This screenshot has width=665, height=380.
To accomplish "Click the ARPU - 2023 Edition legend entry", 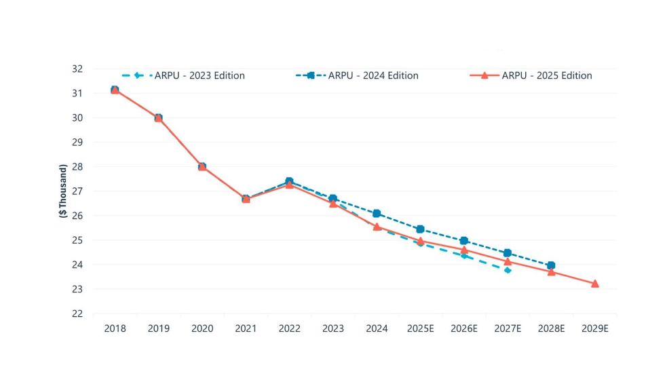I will pyautogui.click(x=183, y=75).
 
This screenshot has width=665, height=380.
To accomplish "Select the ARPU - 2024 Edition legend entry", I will pyautogui.click(x=357, y=75).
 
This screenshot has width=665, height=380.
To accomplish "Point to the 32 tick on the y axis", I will pyautogui.click(x=77, y=69).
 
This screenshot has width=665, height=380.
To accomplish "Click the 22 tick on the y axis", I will pyautogui.click(x=77, y=313).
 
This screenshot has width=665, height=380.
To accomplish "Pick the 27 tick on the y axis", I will pyautogui.click(x=77, y=191).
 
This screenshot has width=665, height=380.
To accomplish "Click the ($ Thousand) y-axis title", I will pyautogui.click(x=63, y=191).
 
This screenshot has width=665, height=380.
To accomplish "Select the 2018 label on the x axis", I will pyautogui.click(x=115, y=328).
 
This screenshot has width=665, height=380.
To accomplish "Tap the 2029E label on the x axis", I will pyautogui.click(x=595, y=328).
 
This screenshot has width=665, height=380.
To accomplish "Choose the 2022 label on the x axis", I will pyautogui.click(x=289, y=328).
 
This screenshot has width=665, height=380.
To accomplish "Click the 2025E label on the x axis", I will pyautogui.click(x=420, y=328).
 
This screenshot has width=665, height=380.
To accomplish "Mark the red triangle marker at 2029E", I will pyautogui.click(x=595, y=284).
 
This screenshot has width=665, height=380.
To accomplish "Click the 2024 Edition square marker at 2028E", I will pyautogui.click(x=551, y=265).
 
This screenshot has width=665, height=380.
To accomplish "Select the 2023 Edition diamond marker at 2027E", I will pyautogui.click(x=508, y=270).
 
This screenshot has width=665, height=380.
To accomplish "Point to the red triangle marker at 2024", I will pyautogui.click(x=377, y=227).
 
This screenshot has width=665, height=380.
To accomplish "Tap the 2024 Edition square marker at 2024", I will pyautogui.click(x=377, y=213).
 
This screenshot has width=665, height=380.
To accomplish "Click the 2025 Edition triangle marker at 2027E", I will pyautogui.click(x=508, y=261).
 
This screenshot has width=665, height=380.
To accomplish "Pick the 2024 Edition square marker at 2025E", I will pyautogui.click(x=420, y=229).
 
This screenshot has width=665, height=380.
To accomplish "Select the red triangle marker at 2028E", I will pyautogui.click(x=551, y=271).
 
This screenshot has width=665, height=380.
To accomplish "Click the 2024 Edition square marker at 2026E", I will pyautogui.click(x=464, y=241).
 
